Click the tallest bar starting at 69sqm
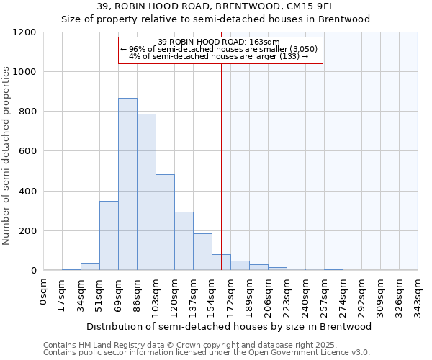coord(127,184)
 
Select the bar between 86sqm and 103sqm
coord(146,192)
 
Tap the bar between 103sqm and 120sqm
coord(165,222)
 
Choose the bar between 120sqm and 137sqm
coord(184,241)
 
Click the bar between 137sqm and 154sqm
coord(202,252)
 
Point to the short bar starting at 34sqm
coord(90,266)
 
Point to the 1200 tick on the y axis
coord(25,32)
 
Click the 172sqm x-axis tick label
coord(231,294)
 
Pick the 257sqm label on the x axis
coord(324,294)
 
